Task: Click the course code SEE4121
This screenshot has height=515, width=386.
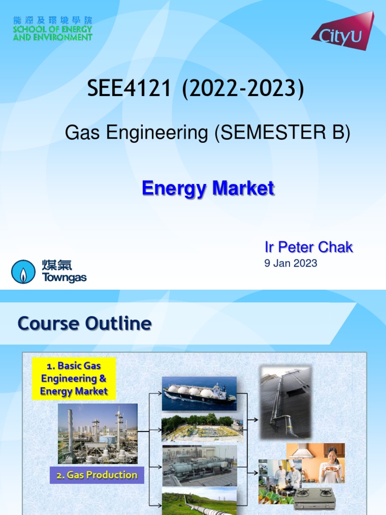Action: coord(129,89)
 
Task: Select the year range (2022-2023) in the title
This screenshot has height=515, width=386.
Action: coord(243,89)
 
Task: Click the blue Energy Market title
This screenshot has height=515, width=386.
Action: coord(208,189)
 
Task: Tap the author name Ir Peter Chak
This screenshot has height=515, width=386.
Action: coord(309,247)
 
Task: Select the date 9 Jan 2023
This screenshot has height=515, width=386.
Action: coord(291,263)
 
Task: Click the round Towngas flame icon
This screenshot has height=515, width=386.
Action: coord(24,272)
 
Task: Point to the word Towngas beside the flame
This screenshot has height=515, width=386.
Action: coord(64,278)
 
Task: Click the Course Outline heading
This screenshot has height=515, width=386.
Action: coord(84,323)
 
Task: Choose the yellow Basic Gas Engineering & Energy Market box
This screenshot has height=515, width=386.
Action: coord(74,378)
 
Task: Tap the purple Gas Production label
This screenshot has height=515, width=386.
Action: coord(96,475)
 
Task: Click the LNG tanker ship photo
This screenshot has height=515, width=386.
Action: coord(199,391)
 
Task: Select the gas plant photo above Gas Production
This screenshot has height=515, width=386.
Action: coord(98,433)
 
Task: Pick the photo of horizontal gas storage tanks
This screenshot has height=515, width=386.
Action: coord(199,466)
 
